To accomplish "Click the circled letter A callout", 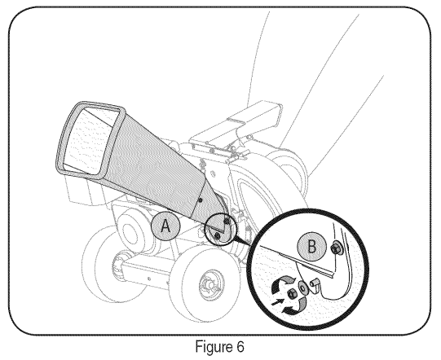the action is pyautogui.click(x=165, y=226).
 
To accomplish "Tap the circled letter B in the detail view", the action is pyautogui.click(x=311, y=247).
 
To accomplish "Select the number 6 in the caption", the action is pyautogui.click(x=240, y=346).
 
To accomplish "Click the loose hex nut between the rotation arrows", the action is pyautogui.click(x=291, y=295).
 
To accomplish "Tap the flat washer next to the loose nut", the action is pyautogui.click(x=303, y=288).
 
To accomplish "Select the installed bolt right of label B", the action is pyautogui.click(x=336, y=248).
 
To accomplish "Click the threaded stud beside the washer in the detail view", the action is pyautogui.click(x=315, y=283).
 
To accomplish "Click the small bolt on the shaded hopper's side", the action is pyautogui.click(x=200, y=200).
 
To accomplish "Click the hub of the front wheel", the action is pyautogui.click(x=211, y=283).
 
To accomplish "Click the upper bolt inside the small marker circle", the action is pyautogui.click(x=226, y=222).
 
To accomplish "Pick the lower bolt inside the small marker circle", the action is pyautogui.click(x=217, y=235).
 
